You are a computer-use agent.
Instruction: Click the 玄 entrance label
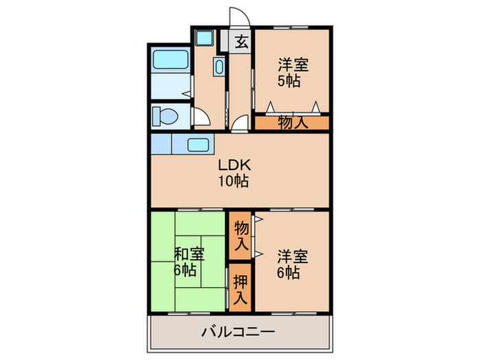pyautogui.click(x=241, y=42)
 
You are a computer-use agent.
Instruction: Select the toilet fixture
pyautogui.click(x=163, y=115)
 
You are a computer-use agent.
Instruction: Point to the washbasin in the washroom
pyautogui.click(x=219, y=67)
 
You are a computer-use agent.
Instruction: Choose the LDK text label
pyautogui.click(x=235, y=165)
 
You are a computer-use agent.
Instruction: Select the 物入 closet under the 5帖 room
pyautogui.click(x=292, y=123)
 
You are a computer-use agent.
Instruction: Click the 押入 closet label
pyautogui.click(x=240, y=289)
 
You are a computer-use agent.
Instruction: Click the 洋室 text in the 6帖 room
pyautogui.click(x=293, y=256)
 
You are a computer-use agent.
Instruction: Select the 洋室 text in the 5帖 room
pyautogui.click(x=293, y=66)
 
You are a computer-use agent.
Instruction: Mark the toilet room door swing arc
pyautogui.click(x=201, y=118)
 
